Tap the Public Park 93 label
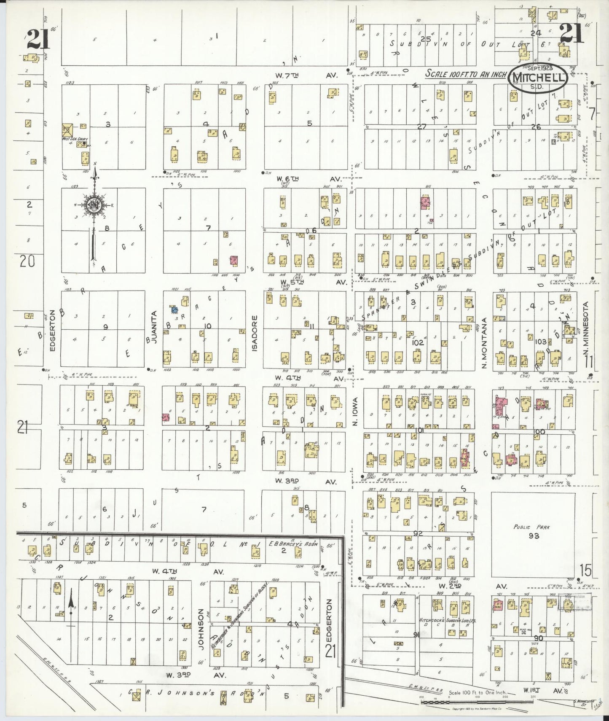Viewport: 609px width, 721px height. click(534, 531)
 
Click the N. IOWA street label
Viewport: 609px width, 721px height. click(355, 411)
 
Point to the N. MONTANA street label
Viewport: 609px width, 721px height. click(484, 343)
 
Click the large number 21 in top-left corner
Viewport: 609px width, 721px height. click(38, 40)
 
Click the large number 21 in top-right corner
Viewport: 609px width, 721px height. click(571, 34)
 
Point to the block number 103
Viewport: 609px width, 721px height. click(541, 342)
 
